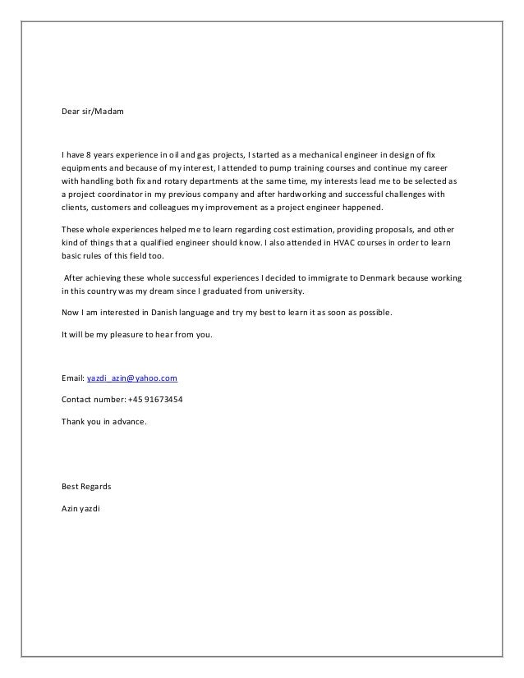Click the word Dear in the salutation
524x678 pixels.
tap(71, 110)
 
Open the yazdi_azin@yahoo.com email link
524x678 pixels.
tap(132, 378)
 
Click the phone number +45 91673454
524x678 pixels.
tap(161, 400)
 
